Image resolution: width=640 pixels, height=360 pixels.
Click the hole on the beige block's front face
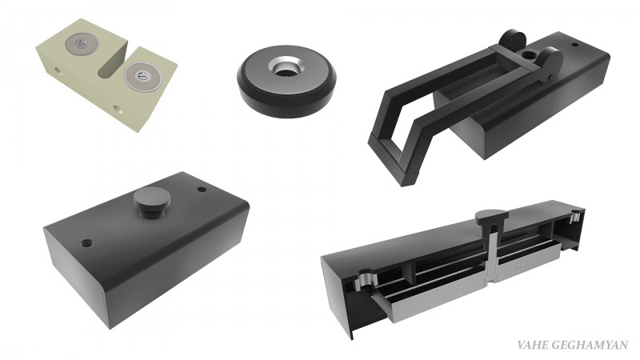pyautogui.click(x=118, y=109)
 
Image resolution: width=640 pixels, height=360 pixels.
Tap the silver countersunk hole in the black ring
pyautogui.click(x=286, y=67)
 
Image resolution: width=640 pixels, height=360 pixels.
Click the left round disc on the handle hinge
pyautogui.click(x=512, y=42)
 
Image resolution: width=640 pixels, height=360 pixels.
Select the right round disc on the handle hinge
pyautogui.click(x=550, y=62)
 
